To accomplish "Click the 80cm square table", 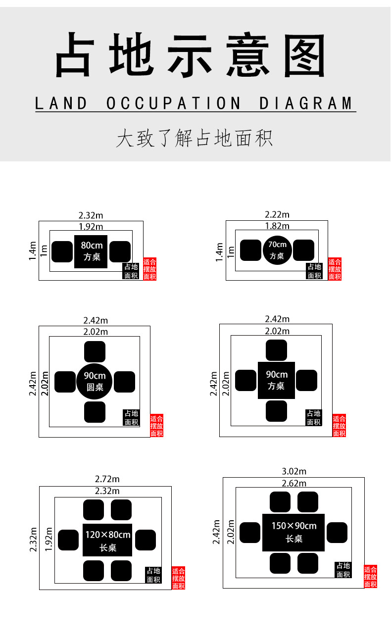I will [x=91, y=251].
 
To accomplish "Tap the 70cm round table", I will [x=277, y=250].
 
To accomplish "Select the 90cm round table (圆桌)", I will [x=95, y=381].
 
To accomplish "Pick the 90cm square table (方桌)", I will [x=276, y=380].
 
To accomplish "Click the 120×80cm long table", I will [x=107, y=540].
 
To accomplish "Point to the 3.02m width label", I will [x=294, y=471].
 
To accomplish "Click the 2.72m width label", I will [x=107, y=479].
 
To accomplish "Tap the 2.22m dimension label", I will [x=277, y=214].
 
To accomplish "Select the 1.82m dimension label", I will [x=277, y=226].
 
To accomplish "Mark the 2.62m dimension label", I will [x=294, y=483].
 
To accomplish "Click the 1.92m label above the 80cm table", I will [x=91, y=227].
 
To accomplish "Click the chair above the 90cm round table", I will [x=95, y=351].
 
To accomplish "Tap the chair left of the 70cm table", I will [x=250, y=250].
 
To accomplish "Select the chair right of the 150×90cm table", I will [x=337, y=532].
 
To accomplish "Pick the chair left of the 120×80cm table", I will [x=68, y=540].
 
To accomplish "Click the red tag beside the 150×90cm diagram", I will [x=370, y=577].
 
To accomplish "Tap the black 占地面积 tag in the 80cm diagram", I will [x=131, y=271].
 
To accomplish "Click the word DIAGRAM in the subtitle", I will [x=306, y=103].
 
